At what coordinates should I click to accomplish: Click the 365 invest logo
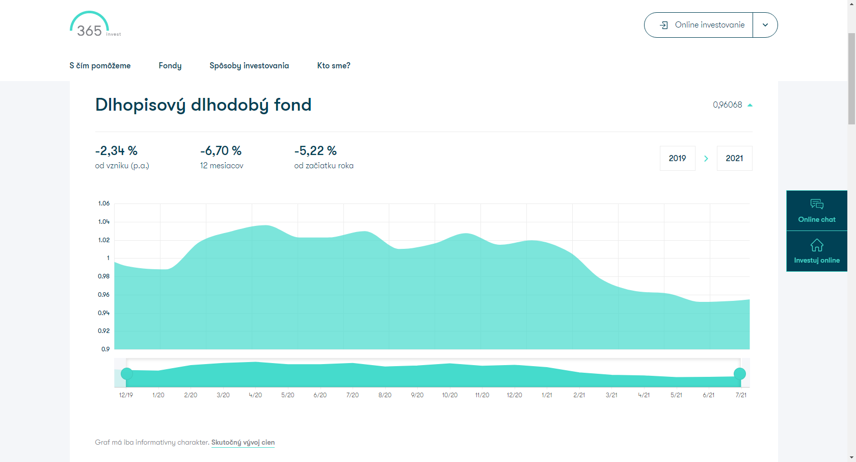pyautogui.click(x=95, y=24)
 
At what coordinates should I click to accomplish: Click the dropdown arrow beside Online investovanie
pyautogui.click(x=765, y=25)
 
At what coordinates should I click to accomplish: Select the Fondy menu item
pyautogui.click(x=170, y=65)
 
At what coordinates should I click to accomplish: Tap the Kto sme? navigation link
pyautogui.click(x=334, y=65)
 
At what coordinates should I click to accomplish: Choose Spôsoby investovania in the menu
pyautogui.click(x=249, y=65)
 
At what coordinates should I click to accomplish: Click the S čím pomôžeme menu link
pyautogui.click(x=100, y=65)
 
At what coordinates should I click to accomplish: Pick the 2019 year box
pyautogui.click(x=678, y=158)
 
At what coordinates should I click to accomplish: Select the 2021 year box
pyautogui.click(x=735, y=158)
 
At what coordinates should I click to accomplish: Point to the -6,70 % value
pyautogui.click(x=221, y=151)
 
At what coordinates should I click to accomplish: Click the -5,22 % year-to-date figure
pyautogui.click(x=315, y=151)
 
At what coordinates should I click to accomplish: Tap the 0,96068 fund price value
pyautogui.click(x=727, y=105)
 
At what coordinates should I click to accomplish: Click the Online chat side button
pyautogui.click(x=817, y=210)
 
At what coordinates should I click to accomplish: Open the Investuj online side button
pyautogui.click(x=817, y=251)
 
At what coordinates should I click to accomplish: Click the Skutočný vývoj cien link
pyautogui.click(x=243, y=443)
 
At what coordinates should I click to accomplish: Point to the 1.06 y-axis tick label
pyautogui.click(x=104, y=203)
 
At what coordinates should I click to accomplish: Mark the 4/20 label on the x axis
pyautogui.click(x=255, y=395)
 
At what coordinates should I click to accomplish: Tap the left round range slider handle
pyautogui.click(x=126, y=374)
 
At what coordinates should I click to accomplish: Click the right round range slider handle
pyautogui.click(x=740, y=374)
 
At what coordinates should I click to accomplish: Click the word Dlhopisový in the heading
pyautogui.click(x=140, y=105)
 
